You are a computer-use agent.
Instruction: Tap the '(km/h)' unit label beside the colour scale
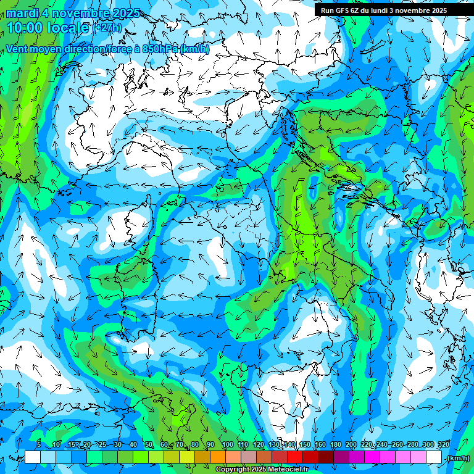[x=457, y=458]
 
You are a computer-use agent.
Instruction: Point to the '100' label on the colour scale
[x=227, y=445]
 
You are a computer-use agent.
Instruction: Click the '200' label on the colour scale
[x=351, y=445]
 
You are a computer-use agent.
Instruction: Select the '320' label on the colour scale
[x=443, y=445]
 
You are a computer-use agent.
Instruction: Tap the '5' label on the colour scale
[x=39, y=445]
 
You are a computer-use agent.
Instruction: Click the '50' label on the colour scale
[x=149, y=445]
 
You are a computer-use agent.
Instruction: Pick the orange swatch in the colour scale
[x=217, y=457]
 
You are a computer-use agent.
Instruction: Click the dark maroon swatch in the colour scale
[x=325, y=457]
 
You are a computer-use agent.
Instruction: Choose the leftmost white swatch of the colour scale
[x=33, y=457]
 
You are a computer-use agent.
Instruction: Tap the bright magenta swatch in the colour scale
[x=372, y=457]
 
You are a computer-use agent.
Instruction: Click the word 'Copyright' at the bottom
[x=233, y=470]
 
